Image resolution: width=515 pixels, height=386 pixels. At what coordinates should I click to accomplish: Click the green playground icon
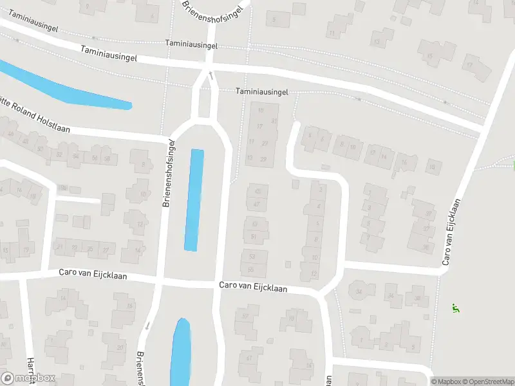pyautogui.click(x=456, y=308)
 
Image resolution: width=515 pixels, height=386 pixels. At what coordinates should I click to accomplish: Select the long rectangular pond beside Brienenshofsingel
pyautogui.click(x=194, y=199)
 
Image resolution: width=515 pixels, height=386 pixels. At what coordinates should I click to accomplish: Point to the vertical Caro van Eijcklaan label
pyautogui.click(x=453, y=232)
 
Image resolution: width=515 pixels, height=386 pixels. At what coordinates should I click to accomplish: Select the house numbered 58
pyautogui.click(x=108, y=158)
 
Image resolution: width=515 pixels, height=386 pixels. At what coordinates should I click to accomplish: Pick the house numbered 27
pyautogui.click(x=106, y=249)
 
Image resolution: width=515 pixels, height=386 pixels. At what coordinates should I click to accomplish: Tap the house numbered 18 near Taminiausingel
pyautogui.click(x=431, y=168)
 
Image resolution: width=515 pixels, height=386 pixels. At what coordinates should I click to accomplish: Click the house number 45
pyautogui.click(x=257, y=191)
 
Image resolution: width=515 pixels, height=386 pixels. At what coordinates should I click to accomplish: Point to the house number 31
pyautogui.click(x=274, y=121)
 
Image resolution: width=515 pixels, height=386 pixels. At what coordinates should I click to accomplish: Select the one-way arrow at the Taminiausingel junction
pyautogui.click(x=210, y=76)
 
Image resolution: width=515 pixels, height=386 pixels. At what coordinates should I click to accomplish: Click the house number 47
pyautogui.click(x=257, y=204)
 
